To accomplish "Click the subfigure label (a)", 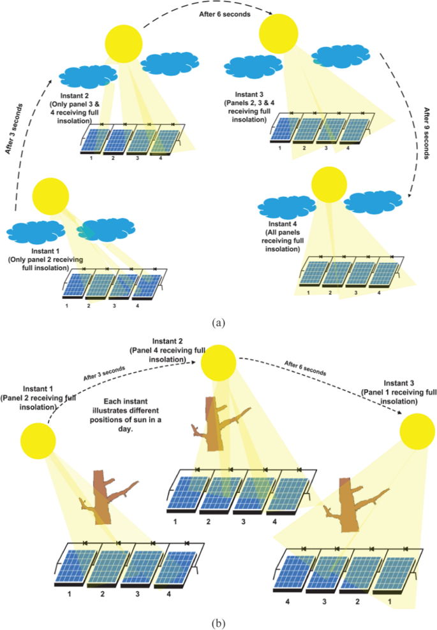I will click(x=218, y=323).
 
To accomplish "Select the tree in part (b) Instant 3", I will click(x=344, y=505).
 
